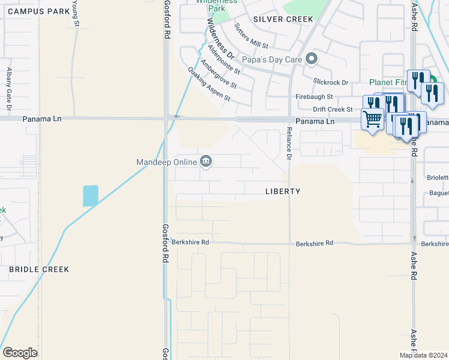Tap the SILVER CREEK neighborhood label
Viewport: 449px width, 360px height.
[283, 19]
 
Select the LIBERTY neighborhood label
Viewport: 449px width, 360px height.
[283, 191]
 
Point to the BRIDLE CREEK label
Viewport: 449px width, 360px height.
[39, 269]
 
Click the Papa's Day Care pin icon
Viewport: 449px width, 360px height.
[311, 59]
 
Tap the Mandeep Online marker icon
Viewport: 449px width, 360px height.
[206, 161]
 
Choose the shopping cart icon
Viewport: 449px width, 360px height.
[372, 119]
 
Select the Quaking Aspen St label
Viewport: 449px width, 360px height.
[209, 84]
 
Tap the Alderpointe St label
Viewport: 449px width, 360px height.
[223, 59]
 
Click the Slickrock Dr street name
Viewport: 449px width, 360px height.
[331, 82]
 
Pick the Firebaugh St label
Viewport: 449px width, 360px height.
[314, 96]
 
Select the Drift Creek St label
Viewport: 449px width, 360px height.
[333, 109]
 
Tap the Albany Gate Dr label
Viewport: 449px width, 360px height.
[9, 90]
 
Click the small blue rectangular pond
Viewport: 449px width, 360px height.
[90, 196]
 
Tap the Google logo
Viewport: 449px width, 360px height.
[20, 353]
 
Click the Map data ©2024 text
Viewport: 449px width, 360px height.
[423, 355]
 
